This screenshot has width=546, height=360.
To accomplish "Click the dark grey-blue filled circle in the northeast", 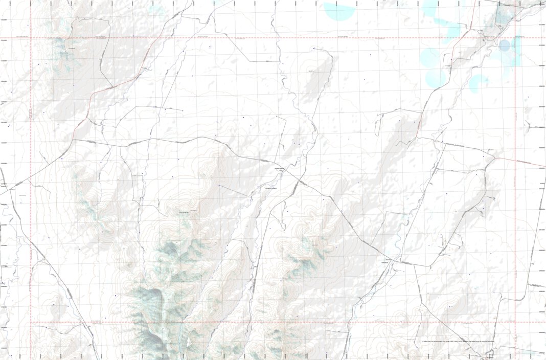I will pyautogui.click(x=505, y=46).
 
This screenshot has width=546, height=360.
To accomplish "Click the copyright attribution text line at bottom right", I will pyautogui.click(x=458, y=341).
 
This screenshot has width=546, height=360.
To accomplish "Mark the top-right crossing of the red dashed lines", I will pyautogui.click(x=515, y=37).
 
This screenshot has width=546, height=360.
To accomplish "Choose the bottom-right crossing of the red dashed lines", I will pyautogui.click(x=515, y=323).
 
